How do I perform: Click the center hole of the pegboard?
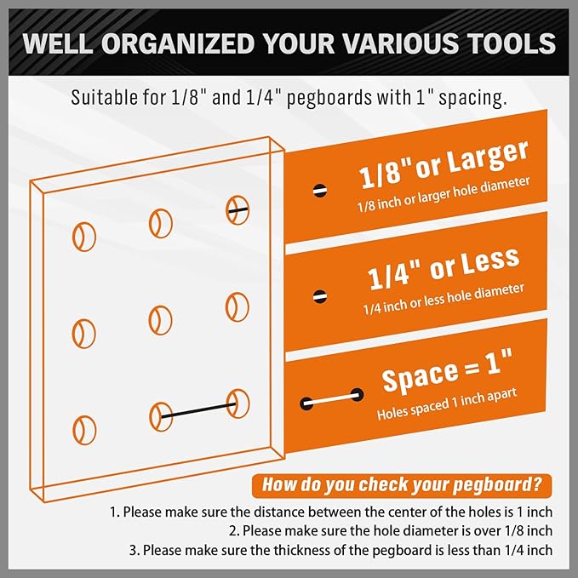(x=158, y=320)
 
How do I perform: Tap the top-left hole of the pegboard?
(x=83, y=236)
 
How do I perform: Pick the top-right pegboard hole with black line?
(x=237, y=209)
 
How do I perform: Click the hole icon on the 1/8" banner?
(x=319, y=189)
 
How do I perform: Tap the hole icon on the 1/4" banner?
(x=319, y=296)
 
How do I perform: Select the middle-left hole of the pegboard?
(x=83, y=331)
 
